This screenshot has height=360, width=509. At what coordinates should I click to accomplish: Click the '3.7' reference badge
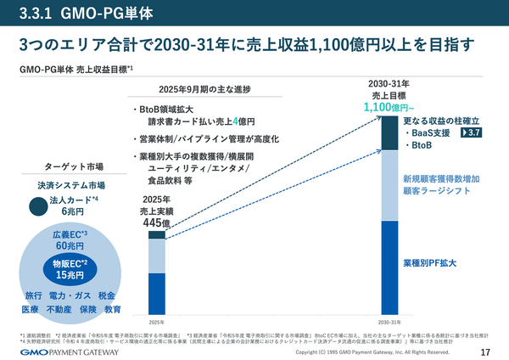(x=473, y=133)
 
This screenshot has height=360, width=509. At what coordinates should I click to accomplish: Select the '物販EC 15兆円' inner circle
(x=70, y=269)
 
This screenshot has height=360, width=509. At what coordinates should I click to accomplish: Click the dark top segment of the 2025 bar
(x=157, y=235)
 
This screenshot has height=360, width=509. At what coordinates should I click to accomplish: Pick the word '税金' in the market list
(x=107, y=295)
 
